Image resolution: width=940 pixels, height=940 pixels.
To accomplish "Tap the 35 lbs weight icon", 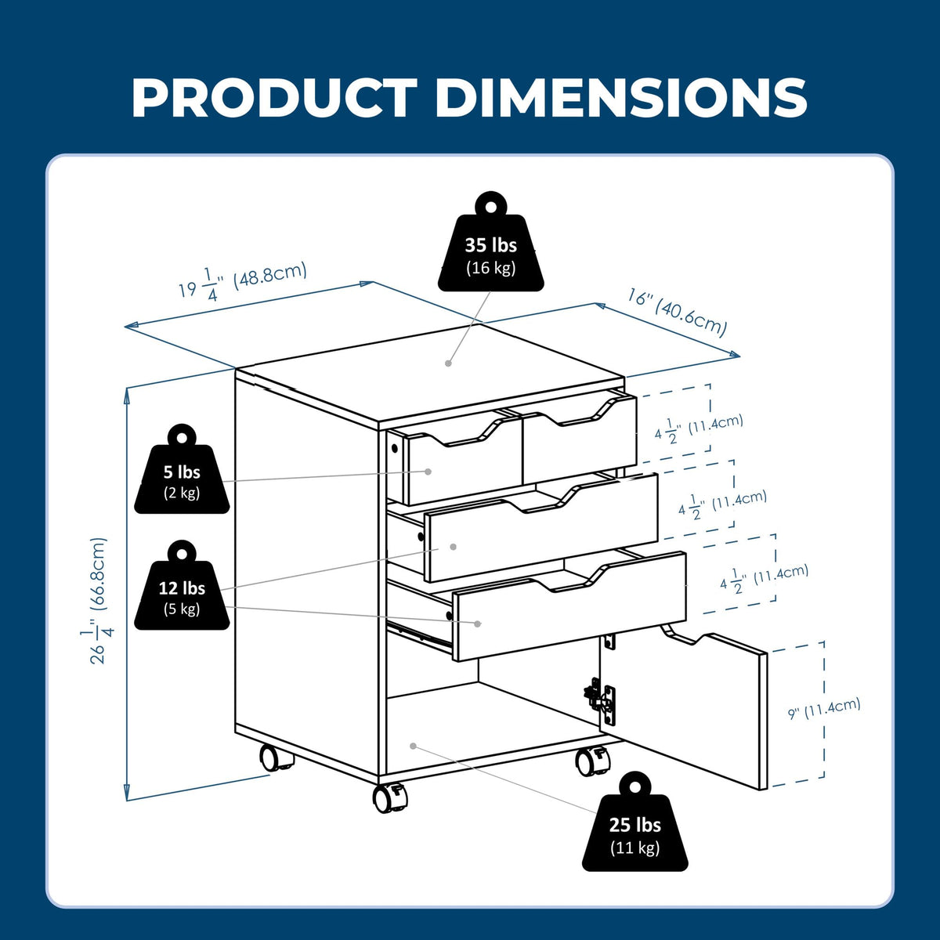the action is click(490, 242).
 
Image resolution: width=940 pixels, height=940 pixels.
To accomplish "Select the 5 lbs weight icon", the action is click(182, 469).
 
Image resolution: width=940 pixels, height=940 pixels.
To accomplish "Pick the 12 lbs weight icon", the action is click(182, 585).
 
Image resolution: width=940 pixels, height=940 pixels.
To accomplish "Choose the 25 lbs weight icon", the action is click(634, 822).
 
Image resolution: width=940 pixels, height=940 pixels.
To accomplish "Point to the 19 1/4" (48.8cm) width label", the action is click(243, 281).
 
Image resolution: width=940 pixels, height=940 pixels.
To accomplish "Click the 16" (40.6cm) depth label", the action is click(677, 313).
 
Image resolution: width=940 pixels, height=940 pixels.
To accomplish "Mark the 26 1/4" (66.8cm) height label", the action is click(98, 601).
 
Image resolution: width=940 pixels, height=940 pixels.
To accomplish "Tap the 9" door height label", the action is click(824, 709).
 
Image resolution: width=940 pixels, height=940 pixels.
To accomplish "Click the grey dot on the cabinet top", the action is click(448, 363).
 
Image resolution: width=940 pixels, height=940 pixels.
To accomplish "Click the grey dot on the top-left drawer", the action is click(428, 472).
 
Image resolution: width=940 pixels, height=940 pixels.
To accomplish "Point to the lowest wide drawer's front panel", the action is click(569, 606).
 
